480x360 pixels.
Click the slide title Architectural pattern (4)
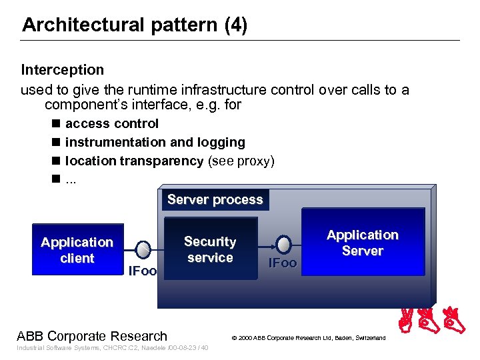tap(134, 25)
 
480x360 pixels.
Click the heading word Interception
tap(63, 69)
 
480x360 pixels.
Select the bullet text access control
tap(111, 123)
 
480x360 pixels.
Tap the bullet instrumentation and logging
tap(155, 142)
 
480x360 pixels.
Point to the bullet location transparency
tap(134, 161)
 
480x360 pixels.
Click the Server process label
tap(215, 200)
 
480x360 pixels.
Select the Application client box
tap(77, 250)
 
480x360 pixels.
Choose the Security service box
tap(210, 250)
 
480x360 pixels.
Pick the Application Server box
tap(363, 243)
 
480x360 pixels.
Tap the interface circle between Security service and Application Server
tap(283, 243)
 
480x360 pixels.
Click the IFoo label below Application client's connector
tap(142, 271)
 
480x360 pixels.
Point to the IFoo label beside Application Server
tap(282, 263)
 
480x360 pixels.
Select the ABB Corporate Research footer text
tap(92, 336)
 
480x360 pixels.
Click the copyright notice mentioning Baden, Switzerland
tap(308, 338)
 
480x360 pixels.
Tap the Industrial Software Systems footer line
tap(112, 348)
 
